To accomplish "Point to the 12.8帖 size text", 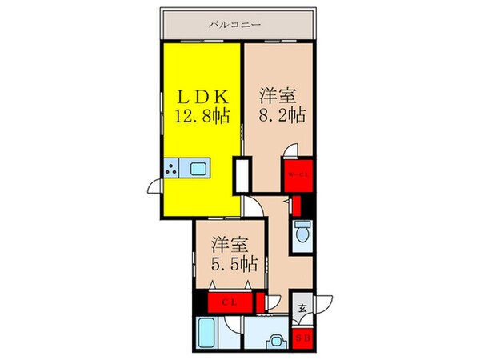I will click(202, 116).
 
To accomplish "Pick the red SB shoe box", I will click(304, 338).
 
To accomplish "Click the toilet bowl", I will click(302, 234).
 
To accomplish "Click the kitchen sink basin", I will click(197, 168).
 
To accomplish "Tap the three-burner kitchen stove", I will click(172, 168).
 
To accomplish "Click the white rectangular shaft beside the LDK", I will click(239, 175).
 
